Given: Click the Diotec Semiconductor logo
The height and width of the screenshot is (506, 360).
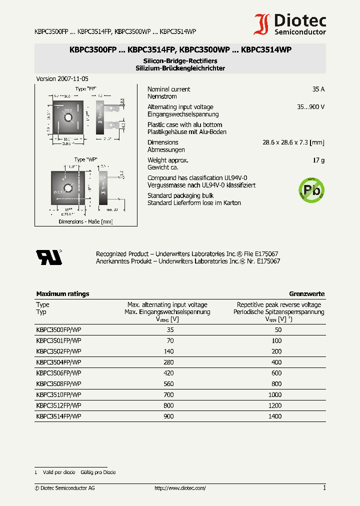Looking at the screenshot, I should click(290, 24).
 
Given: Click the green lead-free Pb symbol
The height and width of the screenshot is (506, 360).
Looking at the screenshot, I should click(311, 190).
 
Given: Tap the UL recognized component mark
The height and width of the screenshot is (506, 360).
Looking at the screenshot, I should click(48, 256).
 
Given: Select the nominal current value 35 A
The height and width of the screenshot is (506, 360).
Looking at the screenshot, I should click(318, 89).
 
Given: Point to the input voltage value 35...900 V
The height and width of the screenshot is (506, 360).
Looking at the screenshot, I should click(310, 107).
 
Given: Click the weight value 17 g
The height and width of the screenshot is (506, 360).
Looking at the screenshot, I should click(318, 160).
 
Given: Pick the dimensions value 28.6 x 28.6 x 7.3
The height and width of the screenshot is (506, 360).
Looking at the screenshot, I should click(293, 142).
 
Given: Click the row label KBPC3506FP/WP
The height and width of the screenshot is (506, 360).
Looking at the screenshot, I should click(58, 373).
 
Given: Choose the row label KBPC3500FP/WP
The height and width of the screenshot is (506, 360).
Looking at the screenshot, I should click(58, 329).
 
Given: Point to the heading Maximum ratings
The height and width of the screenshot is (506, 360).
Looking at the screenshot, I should click(62, 294).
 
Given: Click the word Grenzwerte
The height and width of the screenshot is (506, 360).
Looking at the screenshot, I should click(306, 294).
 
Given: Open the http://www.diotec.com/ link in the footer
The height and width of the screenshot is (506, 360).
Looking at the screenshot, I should click(180, 488).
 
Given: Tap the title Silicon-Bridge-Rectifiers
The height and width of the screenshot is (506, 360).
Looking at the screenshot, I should click(180, 60).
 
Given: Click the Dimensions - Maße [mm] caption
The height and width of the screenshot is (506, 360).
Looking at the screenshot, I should click(85, 221).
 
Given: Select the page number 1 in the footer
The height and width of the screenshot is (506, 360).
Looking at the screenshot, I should click(324, 488).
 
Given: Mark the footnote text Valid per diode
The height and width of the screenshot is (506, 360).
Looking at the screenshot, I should click(59, 472).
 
